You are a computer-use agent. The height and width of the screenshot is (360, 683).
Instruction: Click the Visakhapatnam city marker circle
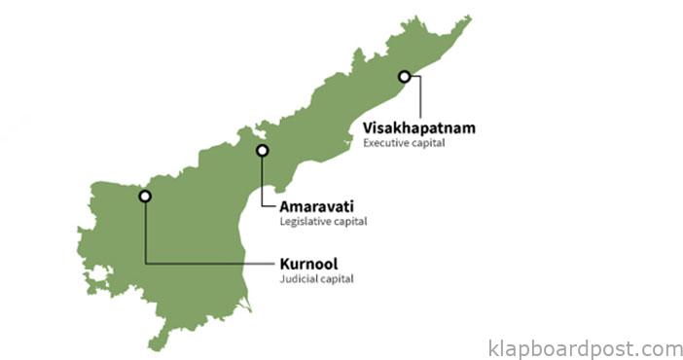click(404, 76)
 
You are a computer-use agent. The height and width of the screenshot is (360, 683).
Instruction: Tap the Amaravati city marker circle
click(261, 151)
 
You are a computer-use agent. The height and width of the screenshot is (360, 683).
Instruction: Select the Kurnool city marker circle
click(145, 196)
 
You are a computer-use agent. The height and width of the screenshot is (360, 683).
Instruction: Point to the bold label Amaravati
click(316, 206)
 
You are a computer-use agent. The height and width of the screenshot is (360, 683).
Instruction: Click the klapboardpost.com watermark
click(585, 348)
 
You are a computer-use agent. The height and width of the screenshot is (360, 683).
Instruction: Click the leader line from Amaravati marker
click(261, 185)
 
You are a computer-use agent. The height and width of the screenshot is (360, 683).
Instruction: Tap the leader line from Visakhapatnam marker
click(420, 97)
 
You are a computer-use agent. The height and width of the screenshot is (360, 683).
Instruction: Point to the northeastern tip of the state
click(469, 18)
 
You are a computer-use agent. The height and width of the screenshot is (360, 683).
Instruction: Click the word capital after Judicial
click(335, 279)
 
